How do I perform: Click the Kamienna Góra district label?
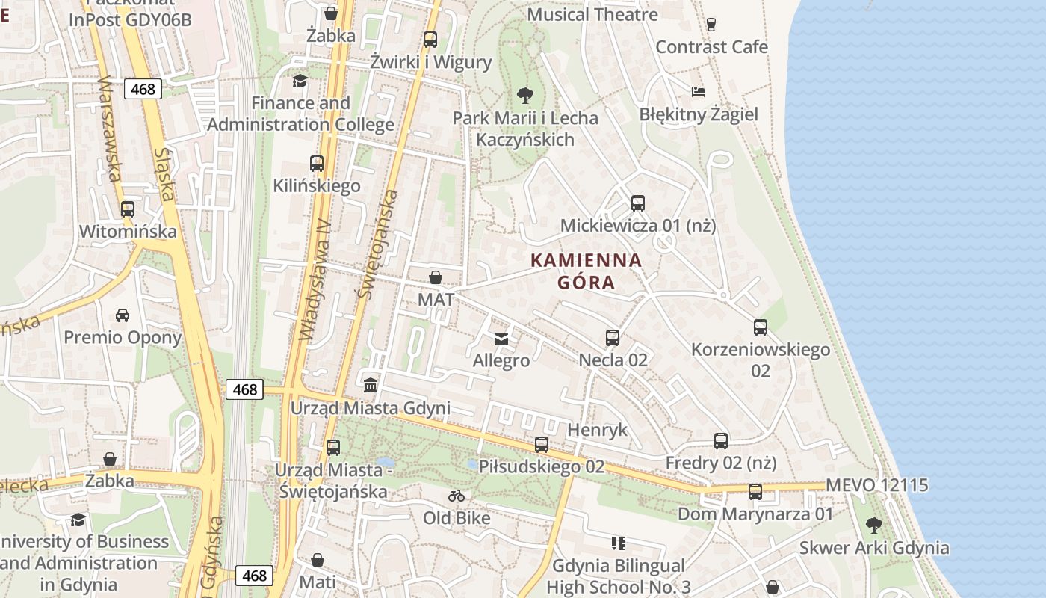[x=586, y=271]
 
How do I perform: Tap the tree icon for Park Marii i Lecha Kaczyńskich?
[x=525, y=96]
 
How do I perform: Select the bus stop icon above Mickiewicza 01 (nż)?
[x=637, y=203]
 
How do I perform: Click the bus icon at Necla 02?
[x=613, y=338]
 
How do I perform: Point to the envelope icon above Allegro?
[x=501, y=339]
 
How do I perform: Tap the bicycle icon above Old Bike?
[x=457, y=496]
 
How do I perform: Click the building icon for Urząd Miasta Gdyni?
[x=371, y=386]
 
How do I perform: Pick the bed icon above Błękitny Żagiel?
[x=698, y=92]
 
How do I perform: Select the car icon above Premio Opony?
[x=123, y=315]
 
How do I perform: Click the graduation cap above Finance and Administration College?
[x=300, y=81]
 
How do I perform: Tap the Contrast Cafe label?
[x=711, y=47]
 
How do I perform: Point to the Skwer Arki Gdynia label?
[x=874, y=548]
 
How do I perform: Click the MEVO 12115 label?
[x=876, y=485]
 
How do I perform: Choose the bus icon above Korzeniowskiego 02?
[x=761, y=327]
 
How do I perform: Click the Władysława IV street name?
[x=315, y=280]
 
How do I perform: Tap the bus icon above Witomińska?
[x=128, y=209]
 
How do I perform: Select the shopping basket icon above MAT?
[x=436, y=277]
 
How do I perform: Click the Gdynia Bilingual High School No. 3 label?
[x=618, y=576]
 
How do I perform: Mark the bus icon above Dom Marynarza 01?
[x=755, y=492]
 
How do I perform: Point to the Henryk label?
[x=598, y=430]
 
